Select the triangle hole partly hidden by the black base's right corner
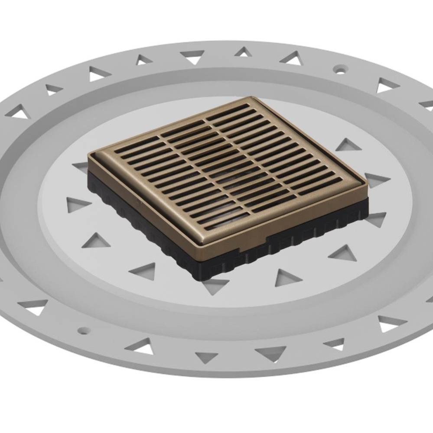coord(375,219)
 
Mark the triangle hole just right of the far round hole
coord(387,85)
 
